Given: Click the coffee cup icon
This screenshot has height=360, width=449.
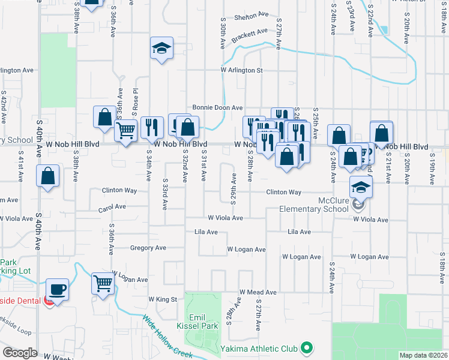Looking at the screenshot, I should coord(58,289).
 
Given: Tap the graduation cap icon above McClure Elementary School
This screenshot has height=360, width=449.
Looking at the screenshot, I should coord(361,187).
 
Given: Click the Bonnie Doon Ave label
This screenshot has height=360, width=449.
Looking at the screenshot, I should coord(217,107).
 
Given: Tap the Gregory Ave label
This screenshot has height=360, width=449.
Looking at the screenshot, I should coord(148,247).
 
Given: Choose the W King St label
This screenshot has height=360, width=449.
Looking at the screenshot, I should coord(163,299).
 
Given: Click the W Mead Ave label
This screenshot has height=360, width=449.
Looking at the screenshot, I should coord(258,292).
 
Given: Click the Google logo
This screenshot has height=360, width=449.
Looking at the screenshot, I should coord(20,353).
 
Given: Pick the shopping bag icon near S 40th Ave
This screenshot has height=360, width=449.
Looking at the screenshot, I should coord(48,176).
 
